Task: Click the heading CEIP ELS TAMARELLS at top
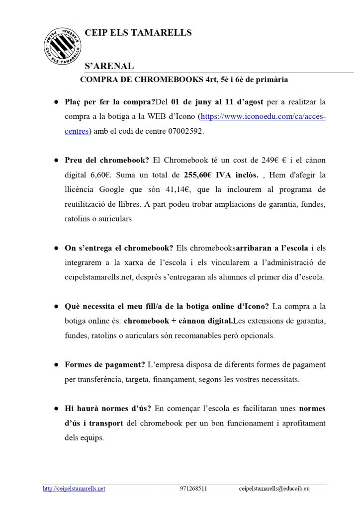138,33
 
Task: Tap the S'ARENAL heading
109,67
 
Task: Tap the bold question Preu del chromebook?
107,160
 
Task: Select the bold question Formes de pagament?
105,364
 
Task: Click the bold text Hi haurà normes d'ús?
108,409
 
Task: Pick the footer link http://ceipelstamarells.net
74,489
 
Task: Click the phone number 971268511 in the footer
193,489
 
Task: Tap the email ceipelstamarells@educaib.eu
274,489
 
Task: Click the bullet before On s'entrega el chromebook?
56,248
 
